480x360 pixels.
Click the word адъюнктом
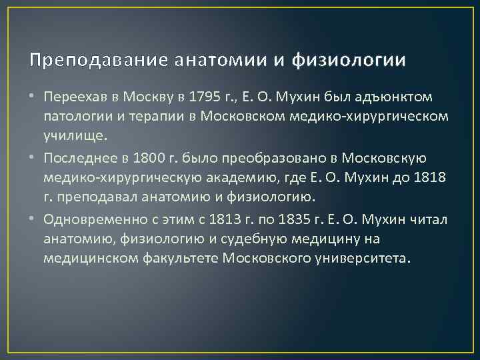[396, 97]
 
